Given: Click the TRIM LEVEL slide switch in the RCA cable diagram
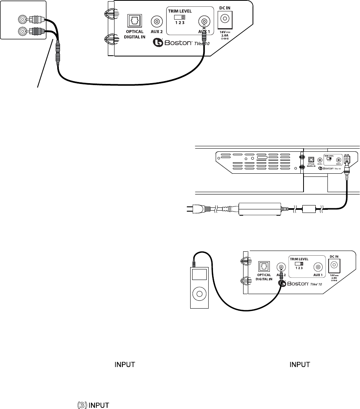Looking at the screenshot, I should [x=180, y=17].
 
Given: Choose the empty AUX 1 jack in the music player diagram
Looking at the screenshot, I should [x=319, y=267].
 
